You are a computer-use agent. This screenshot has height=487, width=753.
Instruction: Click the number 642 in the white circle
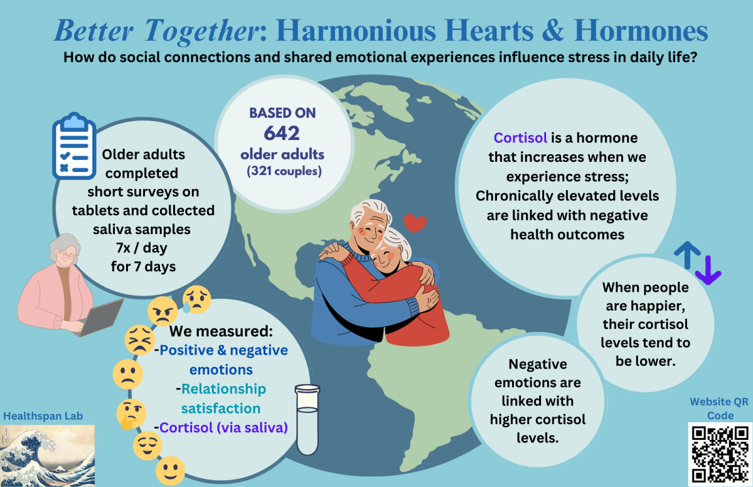[x=282, y=133]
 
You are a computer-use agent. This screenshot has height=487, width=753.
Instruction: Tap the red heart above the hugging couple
[x=415, y=223]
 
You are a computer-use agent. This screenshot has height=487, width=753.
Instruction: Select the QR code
[x=720, y=454]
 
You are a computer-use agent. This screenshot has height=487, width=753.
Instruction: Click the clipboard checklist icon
[x=74, y=146]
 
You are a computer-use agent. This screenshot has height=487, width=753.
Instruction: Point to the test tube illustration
[x=307, y=419]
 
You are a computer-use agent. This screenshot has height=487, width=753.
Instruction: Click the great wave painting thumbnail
[x=48, y=456]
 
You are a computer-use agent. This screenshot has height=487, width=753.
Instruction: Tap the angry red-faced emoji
[x=163, y=311]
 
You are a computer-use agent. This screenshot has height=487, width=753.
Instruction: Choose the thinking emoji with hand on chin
[x=131, y=414]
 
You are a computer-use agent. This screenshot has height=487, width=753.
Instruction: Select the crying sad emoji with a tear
[x=196, y=299]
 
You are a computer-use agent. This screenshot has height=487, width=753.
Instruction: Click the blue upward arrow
[x=688, y=255]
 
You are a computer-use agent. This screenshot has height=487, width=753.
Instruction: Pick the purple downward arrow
[x=708, y=270]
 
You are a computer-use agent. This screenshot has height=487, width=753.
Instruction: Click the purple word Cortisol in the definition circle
[x=520, y=138]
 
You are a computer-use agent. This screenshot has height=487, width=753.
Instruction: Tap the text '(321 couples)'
[x=284, y=171]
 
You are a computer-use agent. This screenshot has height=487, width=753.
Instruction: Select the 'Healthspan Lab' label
[x=43, y=416]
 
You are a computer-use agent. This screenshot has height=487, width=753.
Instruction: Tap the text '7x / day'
[x=142, y=248]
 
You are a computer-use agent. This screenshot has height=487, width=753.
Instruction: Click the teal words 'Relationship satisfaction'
[x=222, y=399]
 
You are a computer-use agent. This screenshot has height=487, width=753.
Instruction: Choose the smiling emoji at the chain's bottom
[x=171, y=471]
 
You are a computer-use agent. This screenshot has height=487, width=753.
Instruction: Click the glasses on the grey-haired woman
[x=68, y=256]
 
